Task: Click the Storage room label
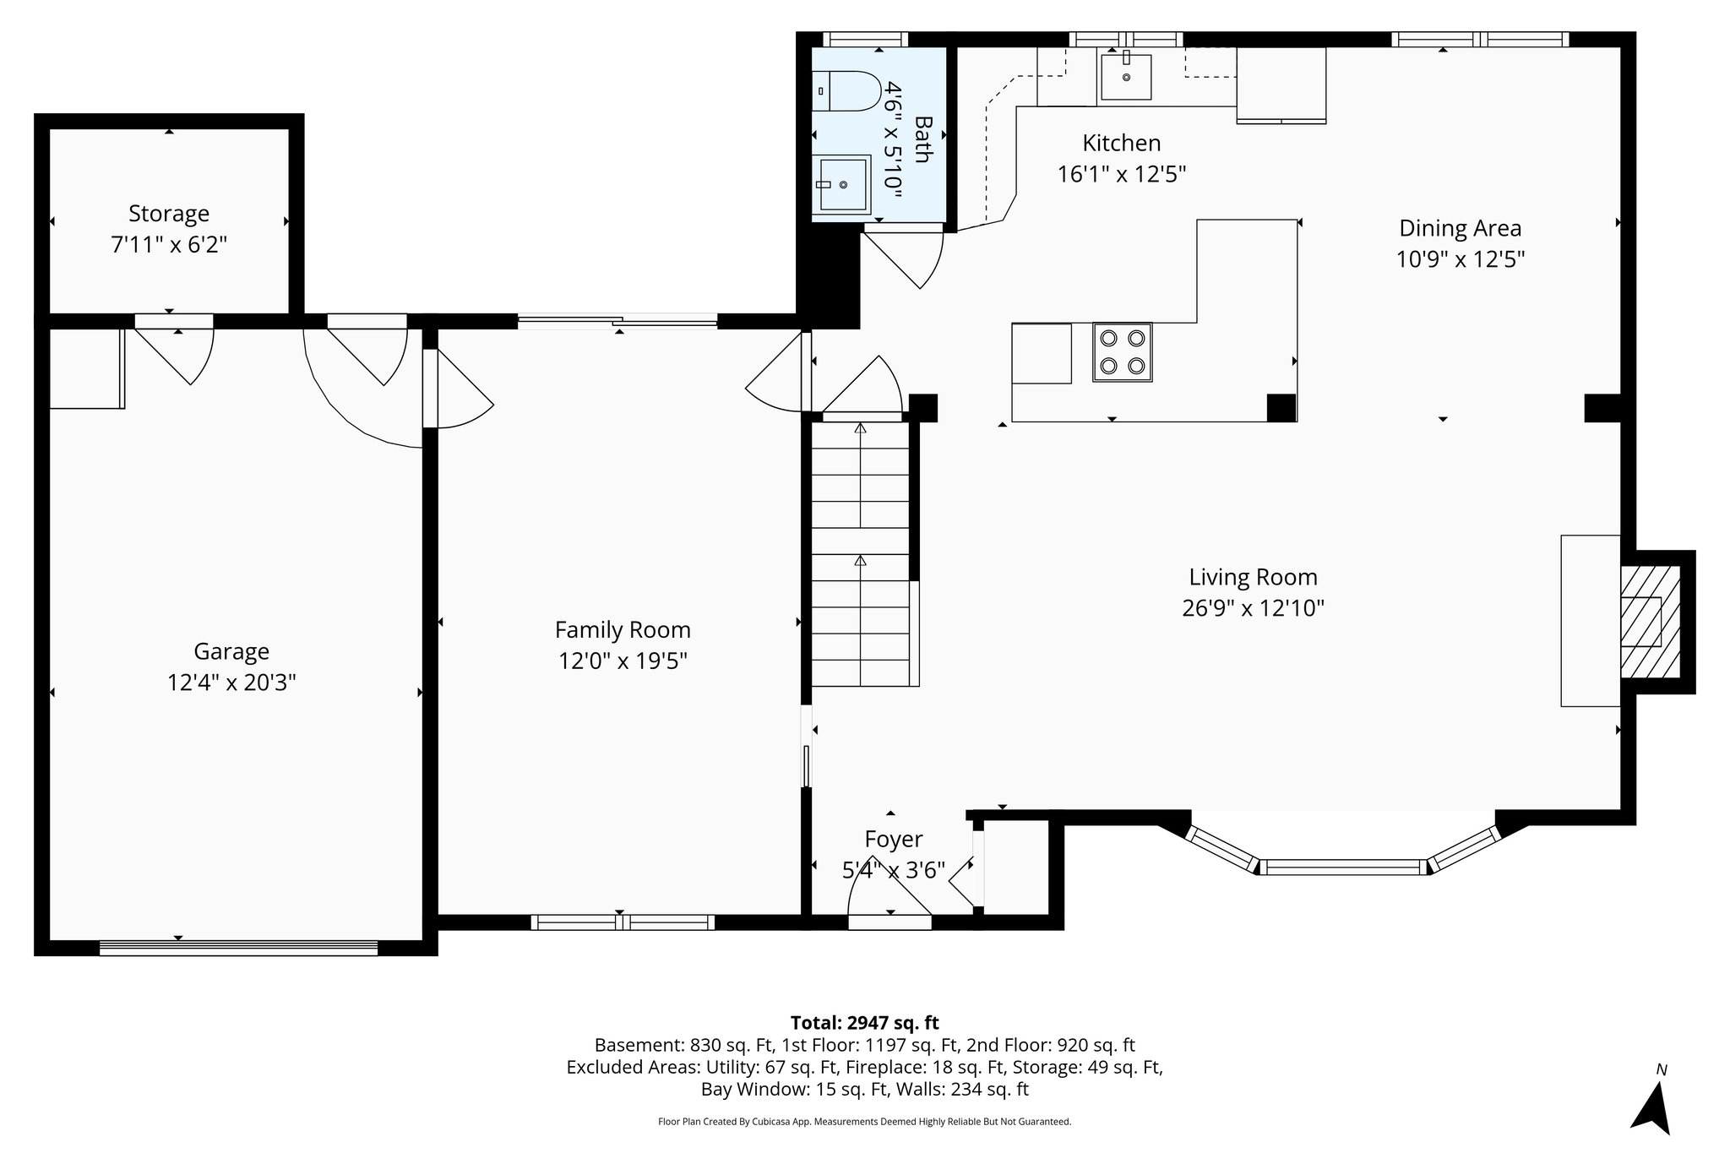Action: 169,214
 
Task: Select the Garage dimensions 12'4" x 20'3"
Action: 231,683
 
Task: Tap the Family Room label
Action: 623,630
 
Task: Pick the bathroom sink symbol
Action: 843,183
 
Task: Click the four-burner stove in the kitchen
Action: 1122,352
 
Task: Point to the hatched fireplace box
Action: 1649,622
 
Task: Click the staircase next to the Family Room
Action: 860,553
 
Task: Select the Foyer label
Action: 894,840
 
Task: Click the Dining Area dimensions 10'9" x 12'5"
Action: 1460,259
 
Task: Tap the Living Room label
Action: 1253,578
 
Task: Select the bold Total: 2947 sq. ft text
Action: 864,1023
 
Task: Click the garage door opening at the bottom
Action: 238,948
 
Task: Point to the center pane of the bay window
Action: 1343,866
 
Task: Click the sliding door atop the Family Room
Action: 617,320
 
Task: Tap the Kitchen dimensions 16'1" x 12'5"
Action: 1122,175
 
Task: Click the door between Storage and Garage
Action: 173,321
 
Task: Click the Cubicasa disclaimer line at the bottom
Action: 864,1122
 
